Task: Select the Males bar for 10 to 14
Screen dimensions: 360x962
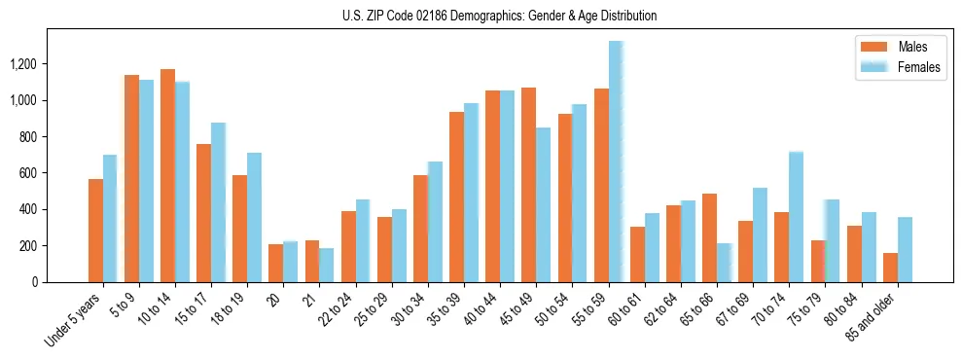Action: [x=167, y=175]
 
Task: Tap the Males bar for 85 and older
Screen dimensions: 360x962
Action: [x=890, y=268]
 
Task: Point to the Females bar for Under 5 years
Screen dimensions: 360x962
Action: [x=110, y=218]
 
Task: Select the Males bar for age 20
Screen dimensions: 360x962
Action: [x=276, y=263]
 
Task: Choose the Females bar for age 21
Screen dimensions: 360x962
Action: [x=327, y=265]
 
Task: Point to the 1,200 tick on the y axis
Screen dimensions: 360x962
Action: [x=23, y=64]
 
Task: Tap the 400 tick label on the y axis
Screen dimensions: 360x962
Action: [x=28, y=209]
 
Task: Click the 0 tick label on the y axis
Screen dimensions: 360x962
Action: [x=36, y=282]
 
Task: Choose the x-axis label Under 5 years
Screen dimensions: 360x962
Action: [x=76, y=320]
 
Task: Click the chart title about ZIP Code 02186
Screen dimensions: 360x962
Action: [x=499, y=16]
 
